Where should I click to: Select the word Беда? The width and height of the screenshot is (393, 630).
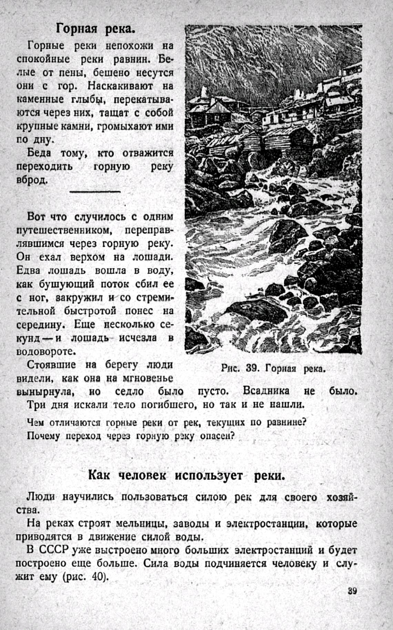pos(39,153)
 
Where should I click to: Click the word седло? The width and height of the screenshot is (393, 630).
pos(130,392)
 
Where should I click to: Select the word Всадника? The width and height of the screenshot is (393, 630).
pos(266,391)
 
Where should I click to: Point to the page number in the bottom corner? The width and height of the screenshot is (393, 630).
pos(352,591)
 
